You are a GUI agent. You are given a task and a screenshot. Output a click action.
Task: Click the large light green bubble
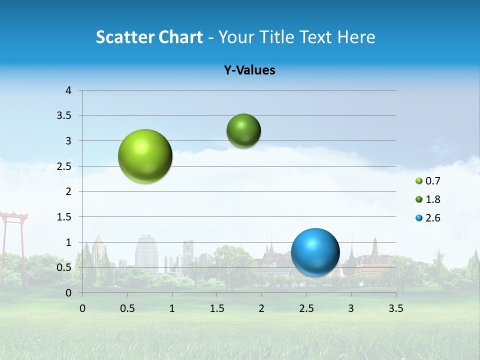(145, 156)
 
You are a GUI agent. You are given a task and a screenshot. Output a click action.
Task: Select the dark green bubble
(243, 130)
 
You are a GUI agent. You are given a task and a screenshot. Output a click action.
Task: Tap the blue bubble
(315, 252)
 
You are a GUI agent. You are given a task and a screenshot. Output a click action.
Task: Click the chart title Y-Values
(249, 70)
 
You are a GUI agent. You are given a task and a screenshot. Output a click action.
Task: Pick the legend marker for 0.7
(419, 181)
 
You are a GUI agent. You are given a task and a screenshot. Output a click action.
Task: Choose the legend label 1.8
(432, 199)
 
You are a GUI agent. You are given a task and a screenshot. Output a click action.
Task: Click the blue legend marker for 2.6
(419, 218)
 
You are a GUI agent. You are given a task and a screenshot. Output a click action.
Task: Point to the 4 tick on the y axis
(68, 90)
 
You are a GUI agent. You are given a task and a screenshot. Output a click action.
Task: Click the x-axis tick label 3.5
(395, 308)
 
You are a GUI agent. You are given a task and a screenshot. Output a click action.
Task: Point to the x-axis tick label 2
(261, 308)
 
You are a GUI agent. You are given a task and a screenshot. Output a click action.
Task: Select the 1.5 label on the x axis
(216, 308)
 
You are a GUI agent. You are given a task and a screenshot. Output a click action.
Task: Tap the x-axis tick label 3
(351, 308)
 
